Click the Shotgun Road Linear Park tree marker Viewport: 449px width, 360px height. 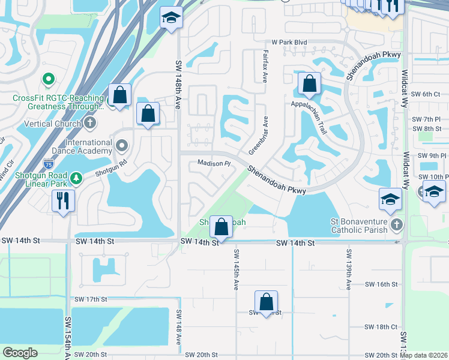click(x=76, y=178)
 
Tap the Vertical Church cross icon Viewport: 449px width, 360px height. click(x=90, y=124)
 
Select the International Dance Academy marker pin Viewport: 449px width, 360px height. click(x=122, y=145)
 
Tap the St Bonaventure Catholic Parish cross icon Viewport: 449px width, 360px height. click(x=396, y=225)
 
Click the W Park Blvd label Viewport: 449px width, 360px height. click(x=289, y=43)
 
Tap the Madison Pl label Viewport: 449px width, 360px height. click(x=214, y=163)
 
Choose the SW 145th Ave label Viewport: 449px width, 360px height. click(x=236, y=268)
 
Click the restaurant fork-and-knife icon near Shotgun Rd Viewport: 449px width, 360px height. click(x=63, y=200)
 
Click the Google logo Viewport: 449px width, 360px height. click(x=20, y=353)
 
